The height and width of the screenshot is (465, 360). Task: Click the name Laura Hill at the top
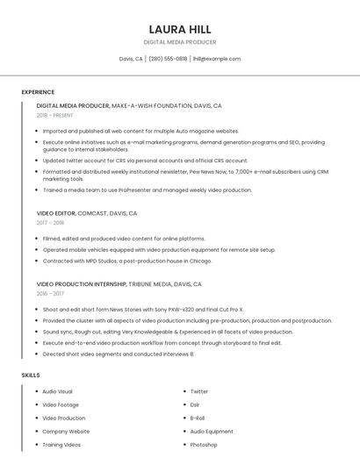180,29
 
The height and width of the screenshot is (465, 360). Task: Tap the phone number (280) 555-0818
168,59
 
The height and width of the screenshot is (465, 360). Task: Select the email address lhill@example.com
216,59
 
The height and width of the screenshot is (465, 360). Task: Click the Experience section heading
38,92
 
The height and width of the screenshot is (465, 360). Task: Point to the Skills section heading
31,375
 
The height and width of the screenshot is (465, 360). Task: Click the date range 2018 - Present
54,115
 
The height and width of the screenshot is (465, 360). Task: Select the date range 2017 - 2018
51,223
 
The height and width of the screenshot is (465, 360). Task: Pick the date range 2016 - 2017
51,294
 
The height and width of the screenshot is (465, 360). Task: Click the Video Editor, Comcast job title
87,213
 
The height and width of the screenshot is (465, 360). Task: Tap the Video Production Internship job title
119,284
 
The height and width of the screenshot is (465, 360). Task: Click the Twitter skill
199,391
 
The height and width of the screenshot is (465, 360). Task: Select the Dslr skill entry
196,404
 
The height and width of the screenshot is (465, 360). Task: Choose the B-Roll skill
198,418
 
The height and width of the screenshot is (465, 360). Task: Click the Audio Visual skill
57,391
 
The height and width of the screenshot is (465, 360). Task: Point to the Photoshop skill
204,445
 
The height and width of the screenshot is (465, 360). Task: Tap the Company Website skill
66,432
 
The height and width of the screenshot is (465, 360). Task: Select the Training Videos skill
61,445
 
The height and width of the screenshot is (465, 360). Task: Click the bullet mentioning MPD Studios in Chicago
127,261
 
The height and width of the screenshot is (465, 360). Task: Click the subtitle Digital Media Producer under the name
180,42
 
